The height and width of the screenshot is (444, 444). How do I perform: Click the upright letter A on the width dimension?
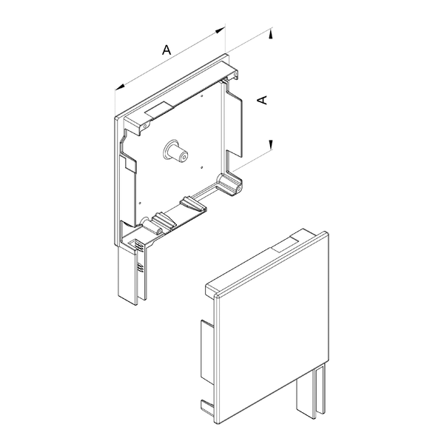[166, 50]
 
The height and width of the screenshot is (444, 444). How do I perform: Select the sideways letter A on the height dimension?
[263, 100]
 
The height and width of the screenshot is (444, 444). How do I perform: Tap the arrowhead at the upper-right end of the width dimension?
[221, 30]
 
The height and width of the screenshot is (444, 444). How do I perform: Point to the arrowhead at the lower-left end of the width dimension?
[120, 87]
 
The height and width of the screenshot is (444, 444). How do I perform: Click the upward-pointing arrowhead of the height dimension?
[271, 35]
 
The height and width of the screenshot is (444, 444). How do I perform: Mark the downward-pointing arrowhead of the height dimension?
[271, 144]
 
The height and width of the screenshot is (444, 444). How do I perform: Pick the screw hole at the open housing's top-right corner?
[235, 74]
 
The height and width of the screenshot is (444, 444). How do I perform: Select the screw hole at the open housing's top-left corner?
[145, 126]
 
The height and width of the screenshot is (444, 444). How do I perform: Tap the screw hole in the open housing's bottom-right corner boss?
[239, 188]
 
